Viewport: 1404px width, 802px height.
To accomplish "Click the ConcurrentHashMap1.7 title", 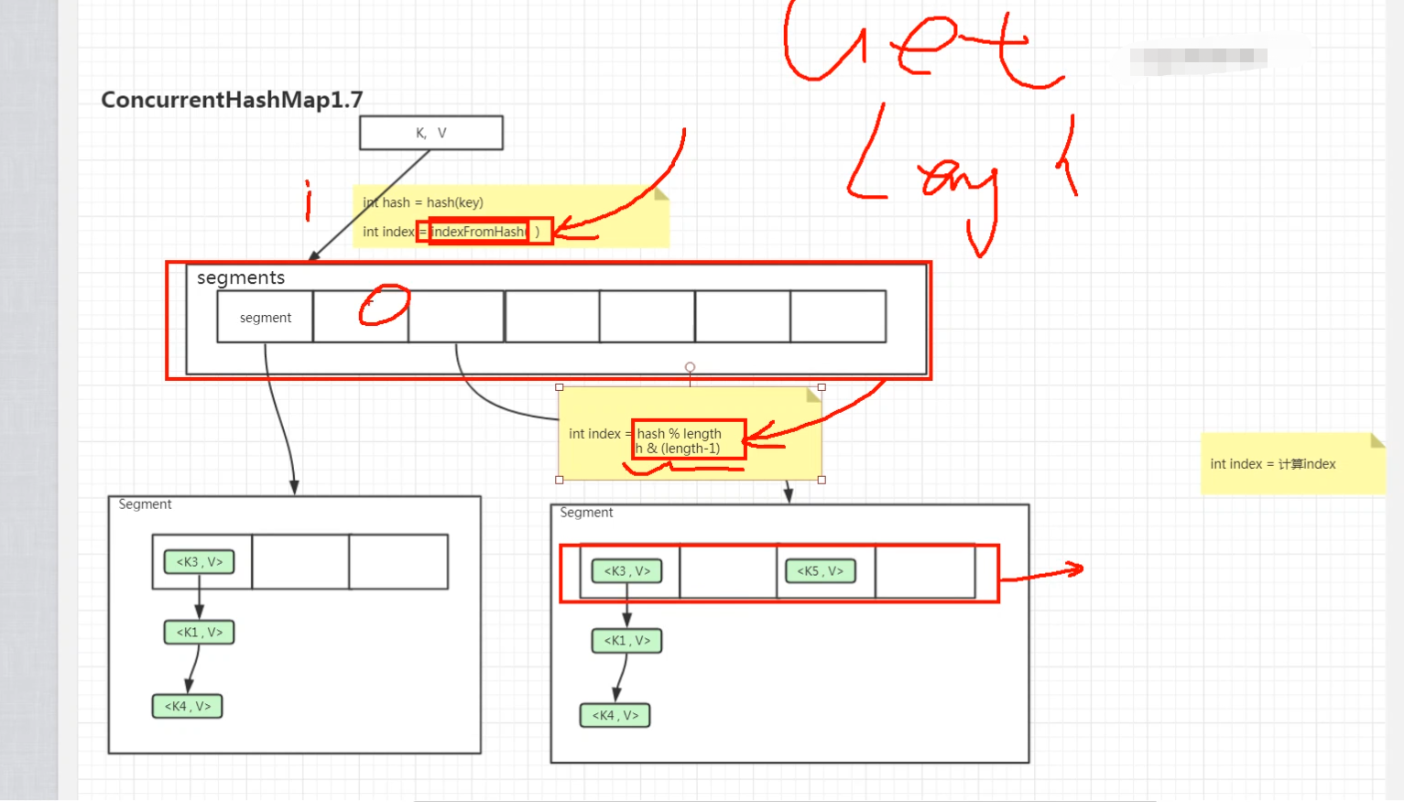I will [x=232, y=100].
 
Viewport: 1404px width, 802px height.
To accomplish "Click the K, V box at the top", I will [x=430, y=133].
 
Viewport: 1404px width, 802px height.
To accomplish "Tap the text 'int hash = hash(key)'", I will [x=423, y=202].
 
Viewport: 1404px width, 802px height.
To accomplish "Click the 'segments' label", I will [x=241, y=277].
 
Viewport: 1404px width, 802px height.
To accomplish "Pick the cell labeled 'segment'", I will [x=266, y=318].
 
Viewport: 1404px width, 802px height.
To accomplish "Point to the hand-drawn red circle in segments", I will [x=384, y=305].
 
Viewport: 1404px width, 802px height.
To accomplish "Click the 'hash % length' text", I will [x=680, y=433].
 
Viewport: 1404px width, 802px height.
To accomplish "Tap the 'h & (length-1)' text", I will [x=679, y=449].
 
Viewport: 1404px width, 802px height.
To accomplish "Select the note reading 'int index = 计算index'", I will [x=1273, y=464].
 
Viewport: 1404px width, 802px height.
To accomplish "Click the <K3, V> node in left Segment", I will [x=200, y=562].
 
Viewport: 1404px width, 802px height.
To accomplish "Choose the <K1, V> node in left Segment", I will [x=200, y=633].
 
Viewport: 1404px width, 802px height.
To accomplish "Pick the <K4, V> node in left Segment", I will [x=188, y=707].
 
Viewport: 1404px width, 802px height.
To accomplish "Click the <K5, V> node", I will [x=821, y=571].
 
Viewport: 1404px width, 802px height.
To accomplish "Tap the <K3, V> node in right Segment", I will [x=627, y=571].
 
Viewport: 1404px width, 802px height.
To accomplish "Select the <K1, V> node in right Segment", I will [x=627, y=641].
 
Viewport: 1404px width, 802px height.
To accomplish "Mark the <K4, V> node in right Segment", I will [x=615, y=716].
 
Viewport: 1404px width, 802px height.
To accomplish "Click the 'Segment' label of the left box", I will [x=145, y=504].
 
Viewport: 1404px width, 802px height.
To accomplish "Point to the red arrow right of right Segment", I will [x=1042, y=574].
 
